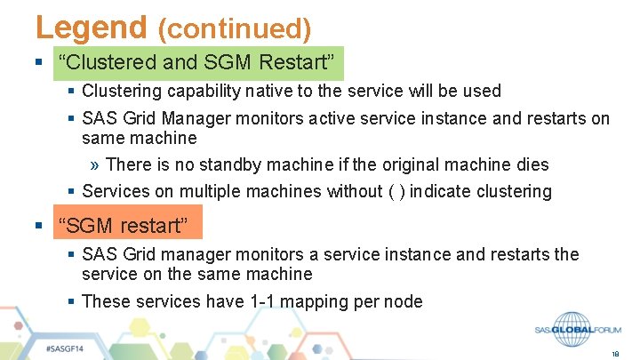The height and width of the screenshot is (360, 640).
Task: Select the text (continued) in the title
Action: tap(234, 29)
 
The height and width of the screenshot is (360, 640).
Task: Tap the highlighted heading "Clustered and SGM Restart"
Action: tap(199, 63)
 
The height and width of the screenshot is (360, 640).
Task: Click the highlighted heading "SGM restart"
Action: tap(123, 226)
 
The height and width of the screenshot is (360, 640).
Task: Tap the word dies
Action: tap(532, 164)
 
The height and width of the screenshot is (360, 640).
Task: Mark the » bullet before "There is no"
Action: tap(95, 164)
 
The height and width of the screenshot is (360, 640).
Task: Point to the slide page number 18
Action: tap(615, 353)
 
